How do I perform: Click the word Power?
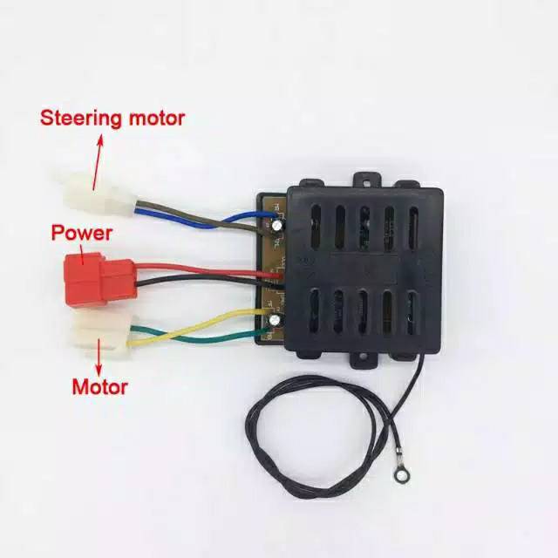pyautogui.click(x=81, y=233)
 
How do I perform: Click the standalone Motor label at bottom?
pyautogui.click(x=99, y=386)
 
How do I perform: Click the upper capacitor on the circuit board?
pyautogui.click(x=276, y=225)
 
